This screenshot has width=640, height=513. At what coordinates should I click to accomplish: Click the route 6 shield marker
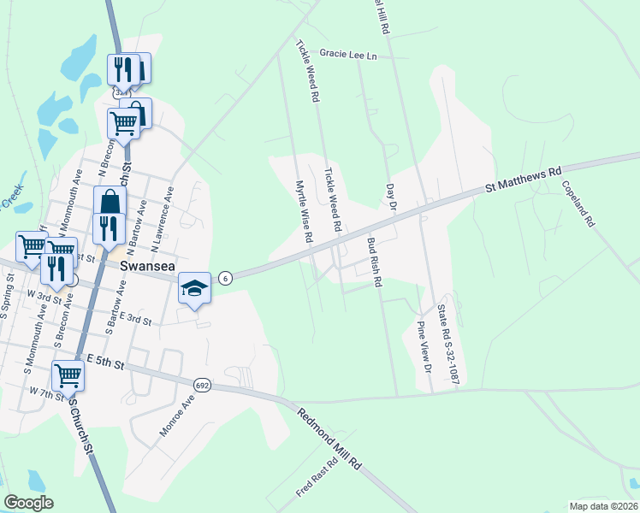pos(224,278)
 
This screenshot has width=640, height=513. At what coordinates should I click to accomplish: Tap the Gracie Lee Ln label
pos(348,54)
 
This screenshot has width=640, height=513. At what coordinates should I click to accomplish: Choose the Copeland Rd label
pos(578,203)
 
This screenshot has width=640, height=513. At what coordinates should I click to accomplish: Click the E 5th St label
pos(105,363)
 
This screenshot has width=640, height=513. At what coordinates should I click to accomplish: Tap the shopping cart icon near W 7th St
pos(67,374)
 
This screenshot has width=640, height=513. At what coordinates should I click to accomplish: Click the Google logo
pos(28,503)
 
